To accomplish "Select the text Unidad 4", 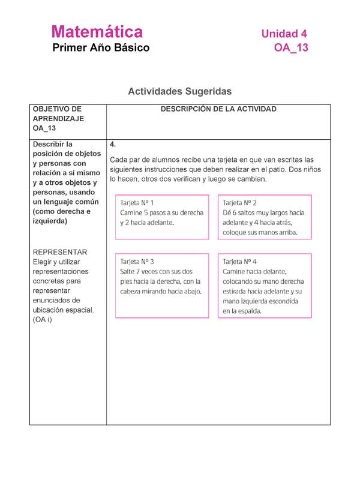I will pyautogui.click(x=284, y=34).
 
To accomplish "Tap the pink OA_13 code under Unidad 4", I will pyautogui.click(x=291, y=48).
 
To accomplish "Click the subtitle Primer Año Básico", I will pyautogui.click(x=101, y=48).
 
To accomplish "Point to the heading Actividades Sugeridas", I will pyautogui.click(x=179, y=91).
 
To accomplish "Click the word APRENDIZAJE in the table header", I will pyautogui.click(x=58, y=119).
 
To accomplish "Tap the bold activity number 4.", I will pyautogui.click(x=113, y=145).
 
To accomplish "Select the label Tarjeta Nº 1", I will pyautogui.click(x=137, y=203).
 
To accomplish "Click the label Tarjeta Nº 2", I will pyautogui.click(x=239, y=203).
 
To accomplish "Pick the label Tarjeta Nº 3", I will pyautogui.click(x=137, y=262).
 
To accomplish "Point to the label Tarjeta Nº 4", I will pyautogui.click(x=239, y=262).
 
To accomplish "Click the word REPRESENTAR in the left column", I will pyautogui.click(x=60, y=252).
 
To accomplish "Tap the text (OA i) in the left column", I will pyautogui.click(x=43, y=319).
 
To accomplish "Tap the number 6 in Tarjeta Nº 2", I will pyautogui.click(x=235, y=212).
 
